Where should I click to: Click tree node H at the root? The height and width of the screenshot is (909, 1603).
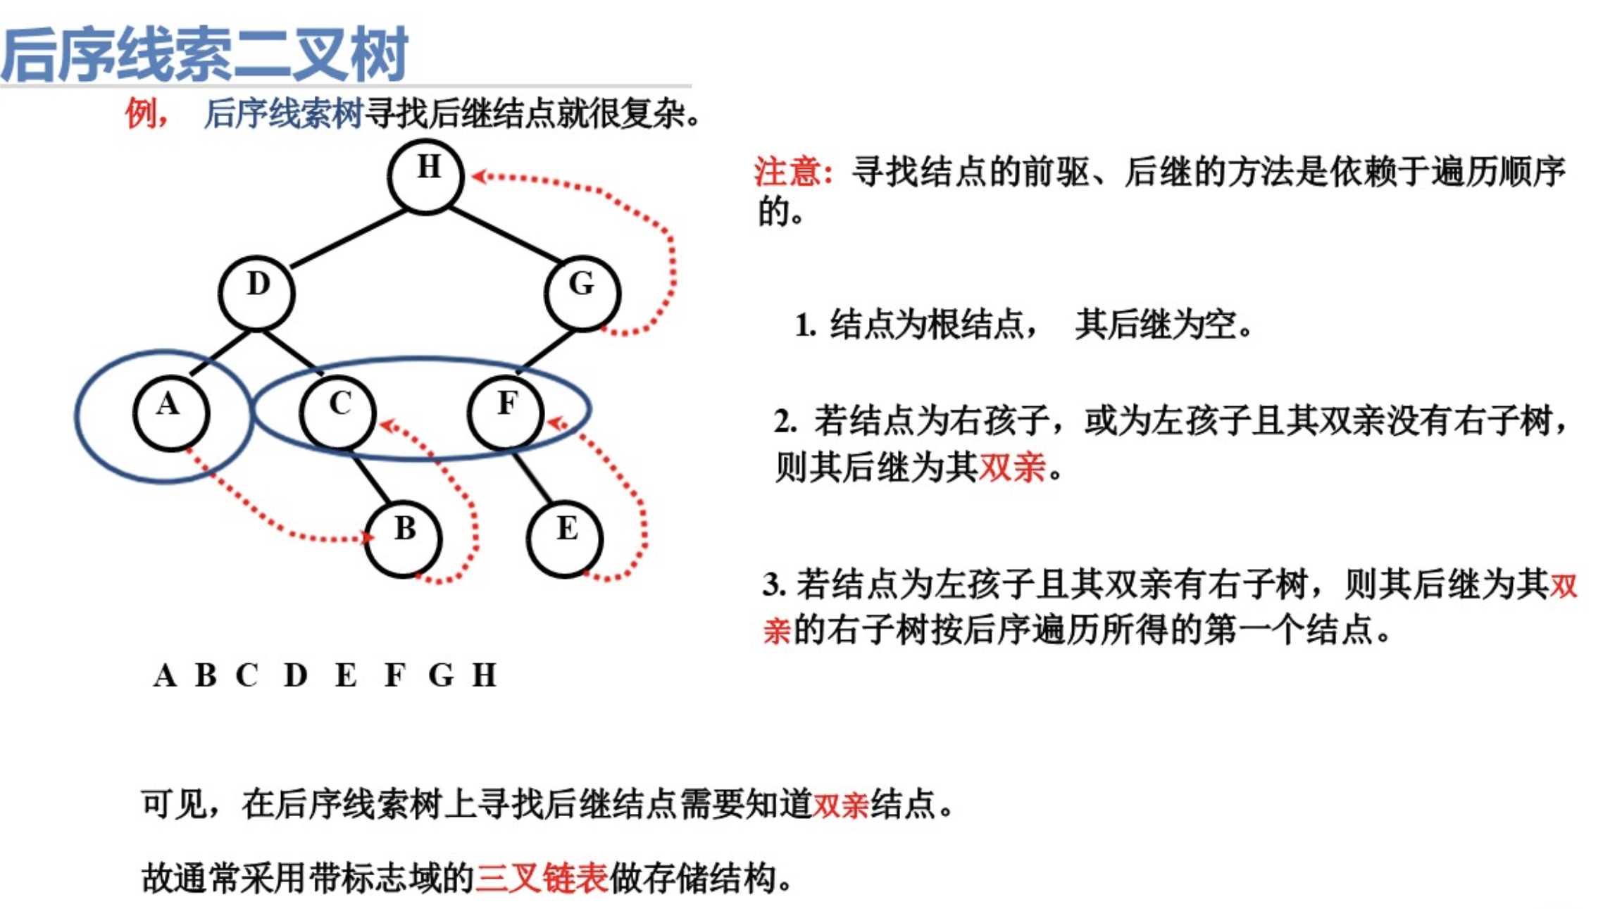click(x=425, y=175)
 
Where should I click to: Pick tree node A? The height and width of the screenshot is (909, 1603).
click(x=170, y=413)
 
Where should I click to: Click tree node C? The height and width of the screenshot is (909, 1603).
click(x=337, y=413)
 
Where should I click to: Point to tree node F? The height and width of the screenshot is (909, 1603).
click(x=505, y=413)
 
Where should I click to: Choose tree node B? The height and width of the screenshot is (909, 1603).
click(x=403, y=539)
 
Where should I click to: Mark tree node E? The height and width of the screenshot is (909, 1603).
click(x=564, y=539)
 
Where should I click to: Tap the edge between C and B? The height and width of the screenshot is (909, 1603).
click(x=370, y=478)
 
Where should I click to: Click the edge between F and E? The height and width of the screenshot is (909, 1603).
click(x=532, y=478)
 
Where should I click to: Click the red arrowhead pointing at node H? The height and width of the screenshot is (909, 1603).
click(x=479, y=176)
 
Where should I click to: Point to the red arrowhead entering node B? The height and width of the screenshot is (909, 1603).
click(x=367, y=538)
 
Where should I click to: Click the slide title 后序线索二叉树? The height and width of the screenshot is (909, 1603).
click(x=204, y=54)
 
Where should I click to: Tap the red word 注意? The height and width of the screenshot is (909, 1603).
click(x=787, y=172)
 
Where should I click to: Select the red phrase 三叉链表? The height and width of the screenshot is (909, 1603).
click(x=541, y=878)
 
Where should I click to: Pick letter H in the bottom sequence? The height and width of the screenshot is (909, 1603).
click(x=484, y=675)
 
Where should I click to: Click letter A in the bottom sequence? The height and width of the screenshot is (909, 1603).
click(x=165, y=675)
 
